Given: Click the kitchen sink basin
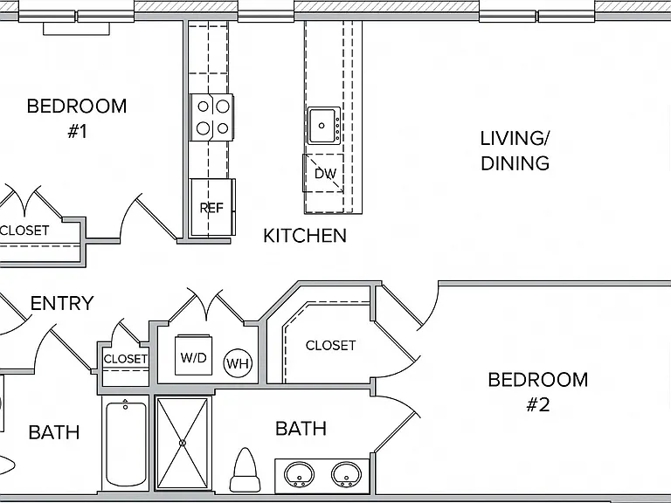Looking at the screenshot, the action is click(322, 126).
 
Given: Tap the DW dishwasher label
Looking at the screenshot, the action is click(326, 174).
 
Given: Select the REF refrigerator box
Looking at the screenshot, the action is click(212, 208).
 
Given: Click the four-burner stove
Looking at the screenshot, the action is click(212, 117).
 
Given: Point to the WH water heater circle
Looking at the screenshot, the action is click(238, 363).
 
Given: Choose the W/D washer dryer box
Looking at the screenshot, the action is click(193, 355).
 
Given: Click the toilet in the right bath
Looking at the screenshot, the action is click(246, 470).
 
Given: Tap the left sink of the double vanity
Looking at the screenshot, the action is click(299, 474).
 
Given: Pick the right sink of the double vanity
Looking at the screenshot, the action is click(346, 474).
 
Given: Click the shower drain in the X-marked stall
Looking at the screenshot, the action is click(183, 443).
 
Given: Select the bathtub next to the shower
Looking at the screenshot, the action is click(126, 443).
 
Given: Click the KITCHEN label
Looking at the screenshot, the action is click(305, 236).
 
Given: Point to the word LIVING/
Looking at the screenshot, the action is click(515, 139).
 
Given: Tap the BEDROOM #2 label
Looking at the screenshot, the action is click(538, 392).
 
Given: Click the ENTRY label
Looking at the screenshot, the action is click(62, 303).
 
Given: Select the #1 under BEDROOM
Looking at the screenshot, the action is click(78, 131).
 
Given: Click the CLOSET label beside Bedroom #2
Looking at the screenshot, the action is click(330, 345).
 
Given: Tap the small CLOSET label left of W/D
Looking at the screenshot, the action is click(126, 358).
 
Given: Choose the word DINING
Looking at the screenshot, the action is click(515, 163).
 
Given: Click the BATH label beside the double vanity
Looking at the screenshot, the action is click(301, 428).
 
